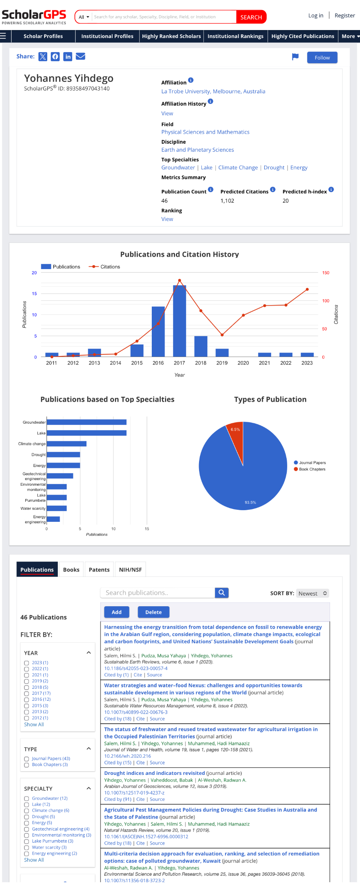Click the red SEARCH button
251,17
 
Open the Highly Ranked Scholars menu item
171,36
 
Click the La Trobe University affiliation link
213,91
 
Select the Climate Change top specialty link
238,167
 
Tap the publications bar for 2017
179,320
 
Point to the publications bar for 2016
158,332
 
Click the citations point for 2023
307,289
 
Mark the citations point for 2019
222,335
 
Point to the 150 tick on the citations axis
326,273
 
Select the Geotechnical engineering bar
60,476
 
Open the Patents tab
99,569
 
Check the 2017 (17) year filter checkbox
26,694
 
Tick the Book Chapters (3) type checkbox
26,765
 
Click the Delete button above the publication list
153,612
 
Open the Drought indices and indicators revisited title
154,773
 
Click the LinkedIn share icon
68,56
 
